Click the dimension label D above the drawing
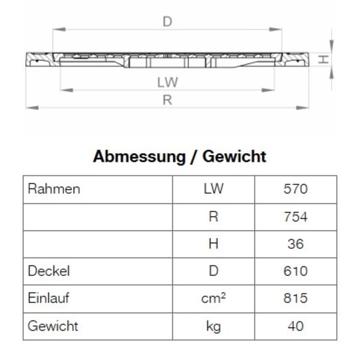click(167, 22)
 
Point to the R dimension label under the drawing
click(167, 100)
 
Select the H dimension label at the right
click(322, 59)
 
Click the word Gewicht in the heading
click(234, 157)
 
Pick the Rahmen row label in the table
click(54, 190)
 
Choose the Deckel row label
click(49, 271)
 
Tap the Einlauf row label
click(51, 299)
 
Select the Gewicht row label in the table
click(53, 326)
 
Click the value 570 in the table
click(295, 190)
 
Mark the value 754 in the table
click(295, 217)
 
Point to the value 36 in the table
click(295, 244)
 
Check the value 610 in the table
click(295, 271)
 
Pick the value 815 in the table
click(295, 299)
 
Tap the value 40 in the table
click(295, 326)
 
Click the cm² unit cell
click(213, 299)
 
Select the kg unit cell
click(213, 326)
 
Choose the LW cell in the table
click(213, 190)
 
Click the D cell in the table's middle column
click(213, 271)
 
